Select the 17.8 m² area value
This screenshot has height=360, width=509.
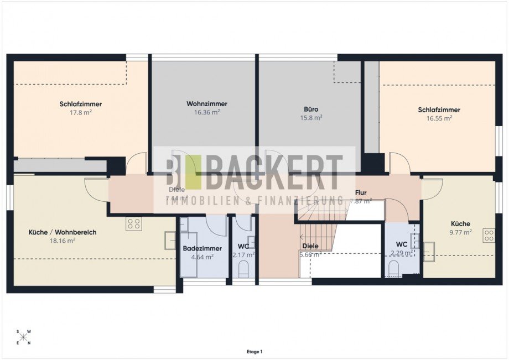80,112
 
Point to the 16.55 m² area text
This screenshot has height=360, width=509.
439,118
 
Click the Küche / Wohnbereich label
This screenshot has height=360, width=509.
62,232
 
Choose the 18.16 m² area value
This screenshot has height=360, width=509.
62,241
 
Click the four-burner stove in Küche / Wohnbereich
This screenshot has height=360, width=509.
133,223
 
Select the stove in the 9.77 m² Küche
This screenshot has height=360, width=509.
489,236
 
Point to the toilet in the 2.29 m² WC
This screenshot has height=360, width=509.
393,269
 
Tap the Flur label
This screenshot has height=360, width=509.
361,192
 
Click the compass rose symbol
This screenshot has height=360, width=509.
24,337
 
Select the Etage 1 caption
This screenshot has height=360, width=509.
254,351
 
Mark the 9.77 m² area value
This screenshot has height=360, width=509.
460,232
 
